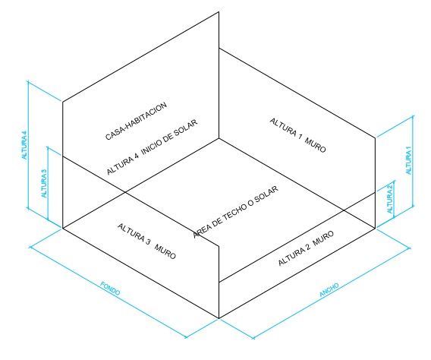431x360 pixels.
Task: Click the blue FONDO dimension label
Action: (x=110, y=288)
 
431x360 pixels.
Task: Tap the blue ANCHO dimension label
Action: (x=329, y=290)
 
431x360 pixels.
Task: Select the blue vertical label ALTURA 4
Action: (x=25, y=145)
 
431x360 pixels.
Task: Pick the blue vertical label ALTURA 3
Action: (x=44, y=183)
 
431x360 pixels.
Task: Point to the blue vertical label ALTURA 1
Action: (x=409, y=160)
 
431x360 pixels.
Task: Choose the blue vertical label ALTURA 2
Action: (x=390, y=198)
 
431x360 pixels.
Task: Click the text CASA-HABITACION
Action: (x=136, y=121)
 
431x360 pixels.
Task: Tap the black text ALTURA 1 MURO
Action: (x=297, y=135)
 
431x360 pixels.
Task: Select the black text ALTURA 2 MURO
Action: (x=306, y=248)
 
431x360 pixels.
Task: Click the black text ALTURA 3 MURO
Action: (x=146, y=241)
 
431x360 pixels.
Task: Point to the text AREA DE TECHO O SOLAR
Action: (x=235, y=212)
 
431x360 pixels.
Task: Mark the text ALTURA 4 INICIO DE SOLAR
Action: (x=152, y=147)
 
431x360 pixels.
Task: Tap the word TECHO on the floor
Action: (x=234, y=213)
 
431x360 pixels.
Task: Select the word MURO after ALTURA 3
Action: (x=165, y=252)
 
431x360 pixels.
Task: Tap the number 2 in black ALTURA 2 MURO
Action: (x=308, y=247)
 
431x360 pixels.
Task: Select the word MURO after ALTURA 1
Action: (x=315, y=146)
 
